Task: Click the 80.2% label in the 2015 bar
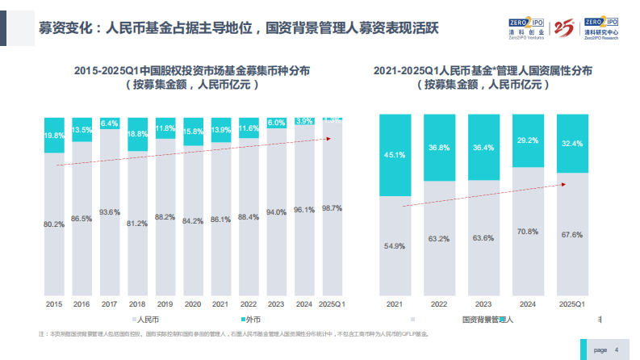pyautogui.click(x=54, y=224)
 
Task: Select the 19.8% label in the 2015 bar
pyautogui.click(x=54, y=136)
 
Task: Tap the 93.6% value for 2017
pyautogui.click(x=109, y=212)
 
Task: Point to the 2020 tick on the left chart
pyautogui.click(x=192, y=303)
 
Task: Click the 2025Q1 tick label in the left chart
pyautogui.click(x=332, y=303)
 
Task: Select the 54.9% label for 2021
pyautogui.click(x=393, y=245)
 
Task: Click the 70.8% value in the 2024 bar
pyautogui.click(x=527, y=232)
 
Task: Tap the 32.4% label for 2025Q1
pyautogui.click(x=571, y=143)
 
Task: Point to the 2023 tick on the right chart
pyautogui.click(x=483, y=303)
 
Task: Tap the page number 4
pyautogui.click(x=617, y=350)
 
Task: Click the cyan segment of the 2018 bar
pyautogui.click(x=137, y=134)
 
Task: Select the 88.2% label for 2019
pyautogui.click(x=165, y=217)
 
